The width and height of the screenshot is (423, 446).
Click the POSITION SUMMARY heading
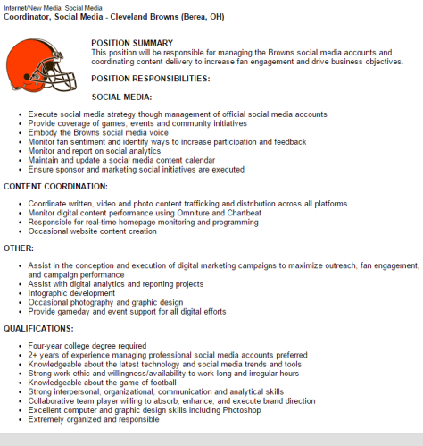point(132,43)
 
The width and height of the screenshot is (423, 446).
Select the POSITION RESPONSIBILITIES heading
point(151,78)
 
